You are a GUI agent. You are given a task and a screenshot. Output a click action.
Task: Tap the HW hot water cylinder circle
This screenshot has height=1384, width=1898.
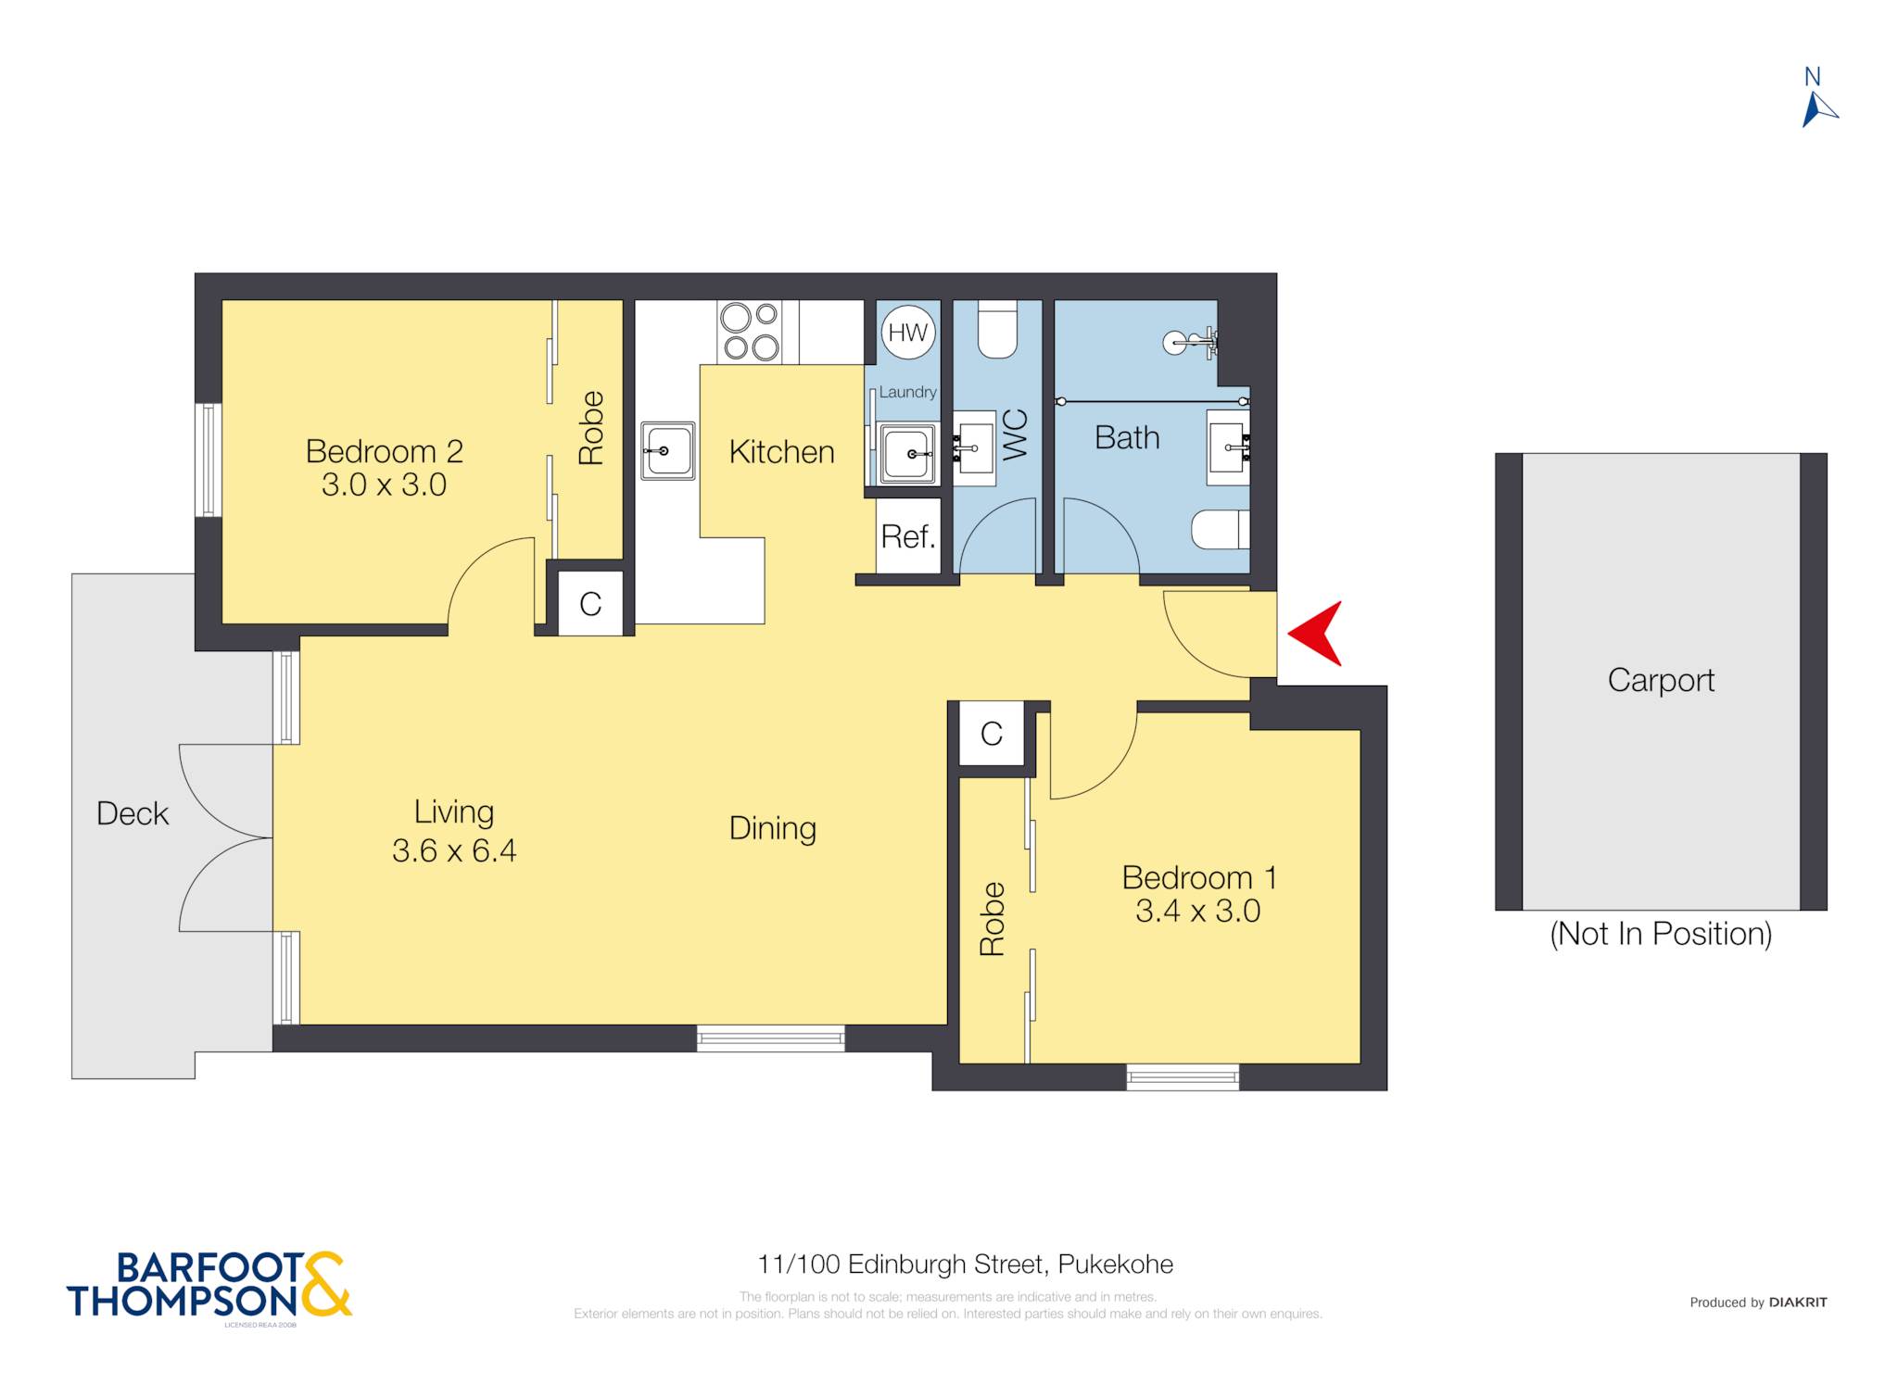(x=907, y=333)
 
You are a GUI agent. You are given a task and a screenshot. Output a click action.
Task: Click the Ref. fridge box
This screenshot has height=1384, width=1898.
(x=908, y=536)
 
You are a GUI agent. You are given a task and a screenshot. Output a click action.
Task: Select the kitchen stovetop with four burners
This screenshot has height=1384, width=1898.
(x=750, y=332)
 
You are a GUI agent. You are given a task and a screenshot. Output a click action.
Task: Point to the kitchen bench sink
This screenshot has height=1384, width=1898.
(x=668, y=451)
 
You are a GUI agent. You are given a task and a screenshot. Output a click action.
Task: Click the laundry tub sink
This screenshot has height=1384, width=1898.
(x=907, y=454)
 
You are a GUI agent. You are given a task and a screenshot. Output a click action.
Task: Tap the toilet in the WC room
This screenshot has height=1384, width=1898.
(x=997, y=329)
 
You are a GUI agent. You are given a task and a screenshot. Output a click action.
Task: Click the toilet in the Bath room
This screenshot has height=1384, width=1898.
(x=1221, y=529)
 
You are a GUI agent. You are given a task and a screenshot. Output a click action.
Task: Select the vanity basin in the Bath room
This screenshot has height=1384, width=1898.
(x=1228, y=448)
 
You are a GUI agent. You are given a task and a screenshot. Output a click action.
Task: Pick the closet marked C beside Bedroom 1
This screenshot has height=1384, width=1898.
(x=992, y=734)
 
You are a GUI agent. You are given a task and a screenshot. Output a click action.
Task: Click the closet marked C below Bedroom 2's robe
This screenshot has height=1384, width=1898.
(x=590, y=604)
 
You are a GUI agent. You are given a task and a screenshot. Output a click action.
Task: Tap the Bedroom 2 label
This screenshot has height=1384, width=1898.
(x=384, y=451)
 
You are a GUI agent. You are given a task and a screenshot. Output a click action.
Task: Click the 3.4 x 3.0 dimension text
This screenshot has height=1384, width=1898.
(x=1197, y=911)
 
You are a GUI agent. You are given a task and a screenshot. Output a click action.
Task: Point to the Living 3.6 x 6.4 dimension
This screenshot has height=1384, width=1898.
(x=454, y=849)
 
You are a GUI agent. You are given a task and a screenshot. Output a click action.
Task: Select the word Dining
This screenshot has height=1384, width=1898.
(x=773, y=828)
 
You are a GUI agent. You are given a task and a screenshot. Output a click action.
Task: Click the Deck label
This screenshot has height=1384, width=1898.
(x=133, y=813)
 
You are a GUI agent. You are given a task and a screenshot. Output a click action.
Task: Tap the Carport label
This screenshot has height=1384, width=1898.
(x=1661, y=681)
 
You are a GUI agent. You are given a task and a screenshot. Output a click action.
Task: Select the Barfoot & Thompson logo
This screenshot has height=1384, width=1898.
(x=209, y=1286)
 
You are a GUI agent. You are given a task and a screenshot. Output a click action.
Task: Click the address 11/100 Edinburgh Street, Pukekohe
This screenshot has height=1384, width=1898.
(x=966, y=1264)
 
